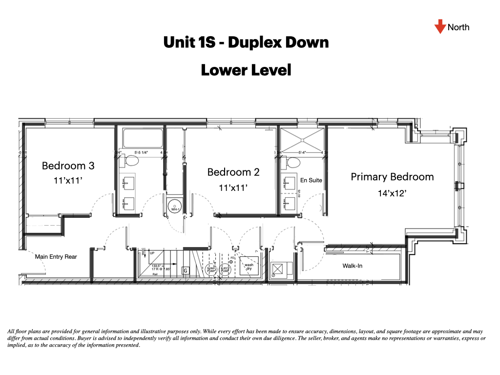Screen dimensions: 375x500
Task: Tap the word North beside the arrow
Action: (x=458, y=27)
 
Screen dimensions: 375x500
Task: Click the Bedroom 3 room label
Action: (x=68, y=166)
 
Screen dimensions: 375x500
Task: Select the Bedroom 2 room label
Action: (x=233, y=172)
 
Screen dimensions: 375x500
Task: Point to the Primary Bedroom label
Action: (x=392, y=177)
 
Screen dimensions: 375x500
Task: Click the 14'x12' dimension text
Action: (x=392, y=193)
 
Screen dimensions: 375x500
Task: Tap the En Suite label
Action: (x=311, y=180)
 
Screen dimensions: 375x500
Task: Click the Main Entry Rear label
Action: (x=56, y=256)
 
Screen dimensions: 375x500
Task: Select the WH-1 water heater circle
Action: (x=174, y=207)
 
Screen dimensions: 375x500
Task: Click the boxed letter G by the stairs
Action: (x=186, y=270)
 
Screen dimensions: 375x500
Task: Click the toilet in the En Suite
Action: (x=294, y=162)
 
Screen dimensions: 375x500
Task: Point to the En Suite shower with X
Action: (x=301, y=139)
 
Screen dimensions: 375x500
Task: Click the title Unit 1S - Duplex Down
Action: (x=246, y=42)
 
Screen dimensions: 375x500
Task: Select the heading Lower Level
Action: (x=246, y=70)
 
